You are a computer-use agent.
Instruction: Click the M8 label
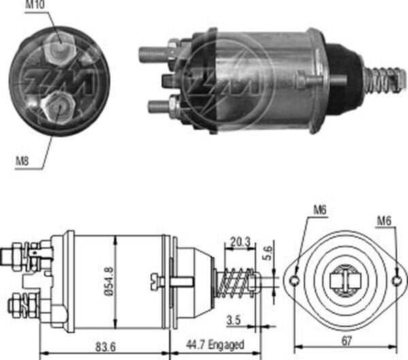(x=23, y=162)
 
